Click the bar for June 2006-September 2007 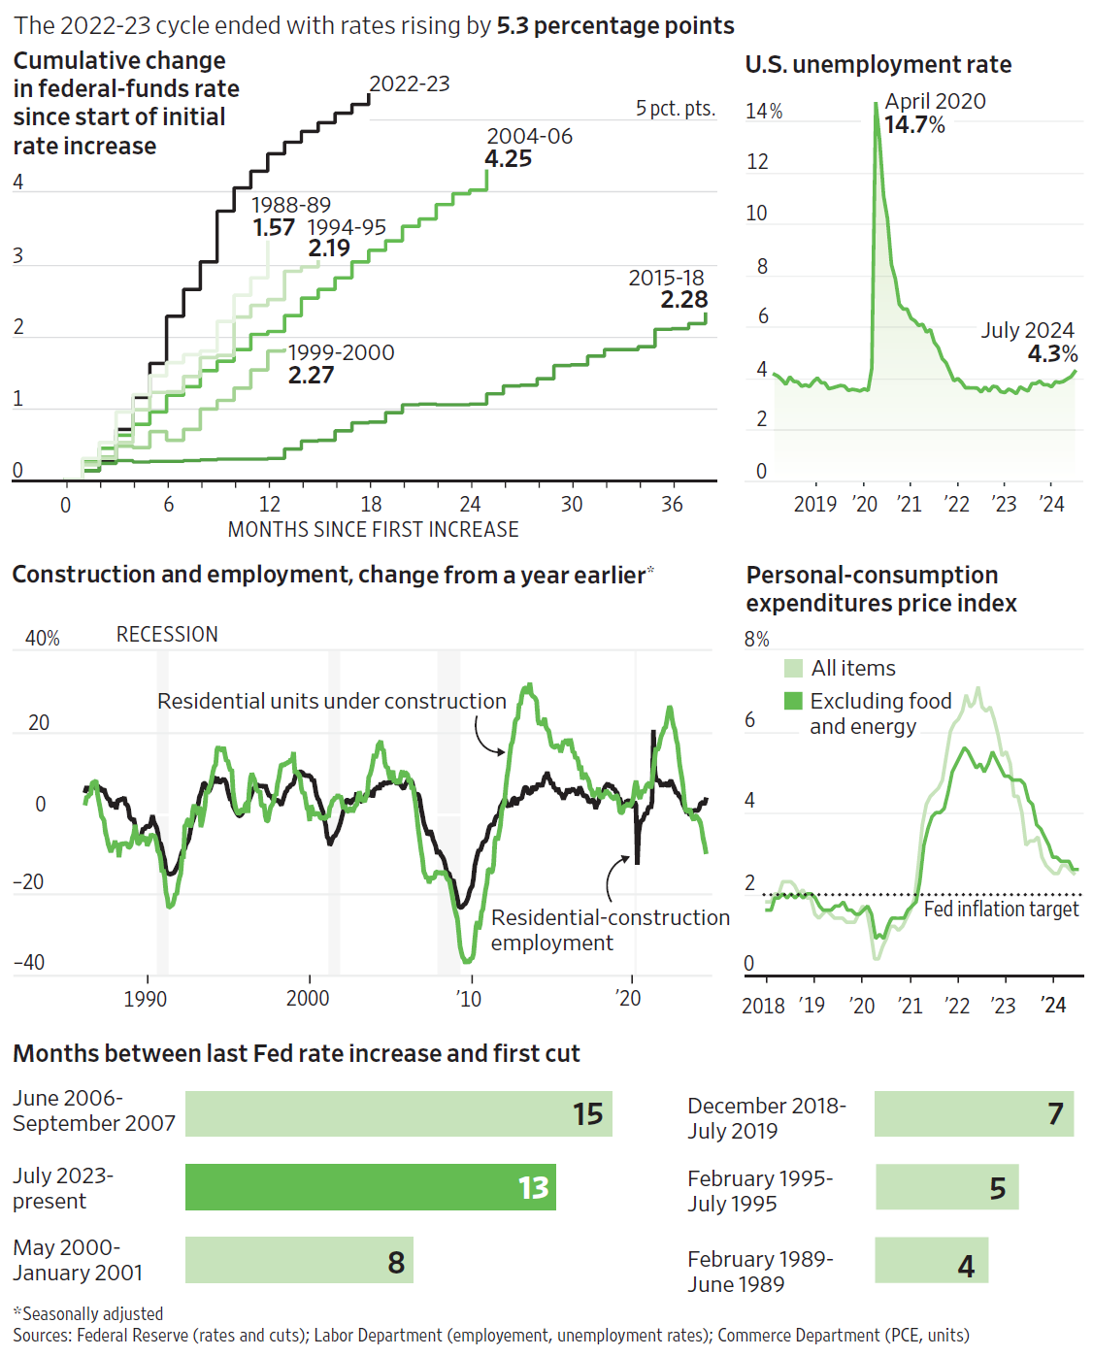[x=398, y=1113]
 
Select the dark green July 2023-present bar [x=370, y=1186]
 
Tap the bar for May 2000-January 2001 [x=299, y=1260]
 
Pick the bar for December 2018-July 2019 [x=974, y=1113]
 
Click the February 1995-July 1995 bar [x=946, y=1186]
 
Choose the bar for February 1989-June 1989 [x=931, y=1260]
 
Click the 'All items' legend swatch [x=793, y=669]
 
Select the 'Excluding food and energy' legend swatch [x=793, y=701]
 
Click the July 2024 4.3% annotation [x=1029, y=342]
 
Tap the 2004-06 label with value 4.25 [x=529, y=148]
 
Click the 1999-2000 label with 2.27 [x=341, y=364]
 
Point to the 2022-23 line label [x=410, y=84]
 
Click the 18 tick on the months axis [x=371, y=505]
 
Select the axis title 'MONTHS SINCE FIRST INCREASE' [x=373, y=530]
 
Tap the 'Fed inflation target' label [x=1001, y=910]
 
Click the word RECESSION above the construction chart [x=167, y=635]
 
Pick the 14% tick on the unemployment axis [x=764, y=112]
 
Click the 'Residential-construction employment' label [x=610, y=930]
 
